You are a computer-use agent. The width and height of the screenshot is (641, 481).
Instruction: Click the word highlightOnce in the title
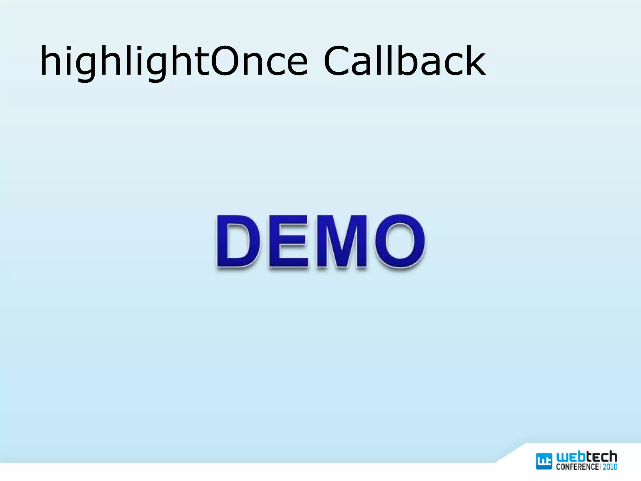(x=174, y=61)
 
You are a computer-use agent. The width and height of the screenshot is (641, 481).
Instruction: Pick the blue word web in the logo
(x=571, y=457)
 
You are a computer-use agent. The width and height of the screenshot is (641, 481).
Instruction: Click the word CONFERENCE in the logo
(x=577, y=467)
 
